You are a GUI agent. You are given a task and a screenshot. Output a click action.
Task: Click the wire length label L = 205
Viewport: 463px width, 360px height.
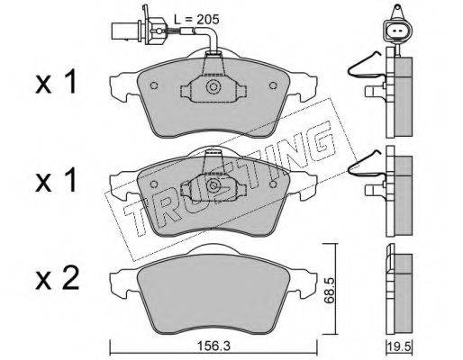[196, 20]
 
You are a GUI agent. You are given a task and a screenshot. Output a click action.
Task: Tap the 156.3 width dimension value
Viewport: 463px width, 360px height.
[213, 346]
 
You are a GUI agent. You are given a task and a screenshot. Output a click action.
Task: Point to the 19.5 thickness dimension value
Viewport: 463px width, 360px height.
[399, 347]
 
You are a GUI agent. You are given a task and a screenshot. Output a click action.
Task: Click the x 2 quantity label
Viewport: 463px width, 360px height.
[57, 278]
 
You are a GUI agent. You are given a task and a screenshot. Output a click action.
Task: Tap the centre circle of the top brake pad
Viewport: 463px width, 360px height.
[213, 87]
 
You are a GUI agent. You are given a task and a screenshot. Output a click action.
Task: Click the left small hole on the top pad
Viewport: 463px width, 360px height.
[154, 85]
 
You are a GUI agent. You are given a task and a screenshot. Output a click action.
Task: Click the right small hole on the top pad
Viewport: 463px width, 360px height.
[273, 85]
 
